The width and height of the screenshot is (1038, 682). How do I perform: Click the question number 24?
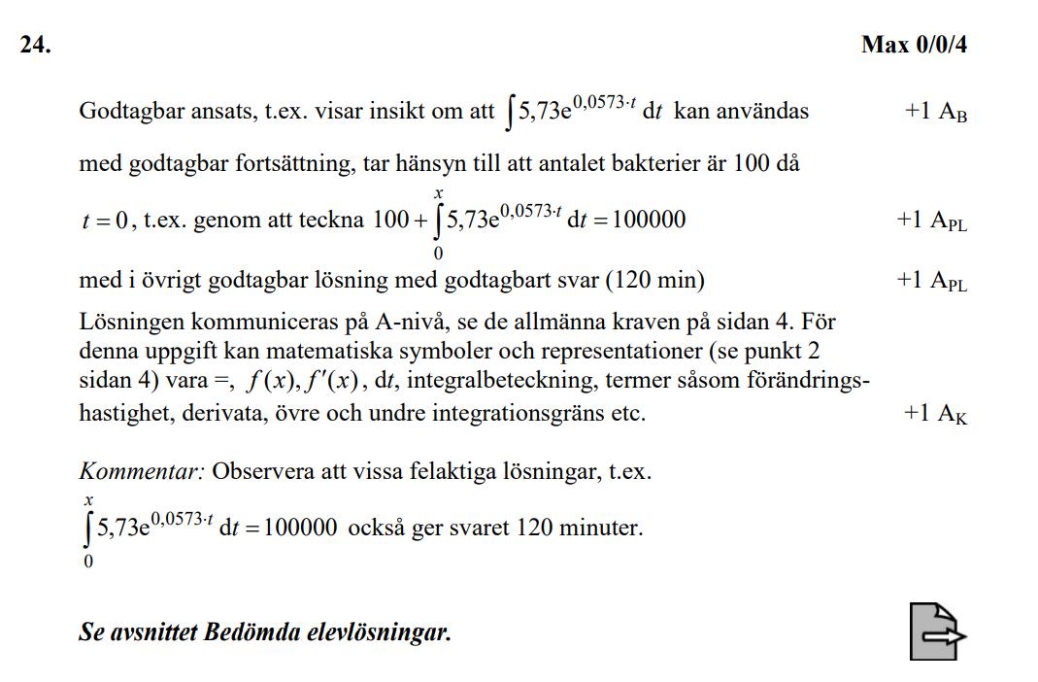pyautogui.click(x=35, y=46)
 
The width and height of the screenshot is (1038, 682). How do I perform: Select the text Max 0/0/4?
pyautogui.click(x=914, y=46)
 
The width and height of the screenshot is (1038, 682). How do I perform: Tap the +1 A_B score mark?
pyautogui.click(x=935, y=112)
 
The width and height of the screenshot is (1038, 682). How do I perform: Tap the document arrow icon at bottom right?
pyautogui.click(x=937, y=631)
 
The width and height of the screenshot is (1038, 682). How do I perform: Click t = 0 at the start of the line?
pyautogui.click(x=104, y=221)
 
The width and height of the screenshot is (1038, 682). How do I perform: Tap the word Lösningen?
pyautogui.click(x=124, y=322)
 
